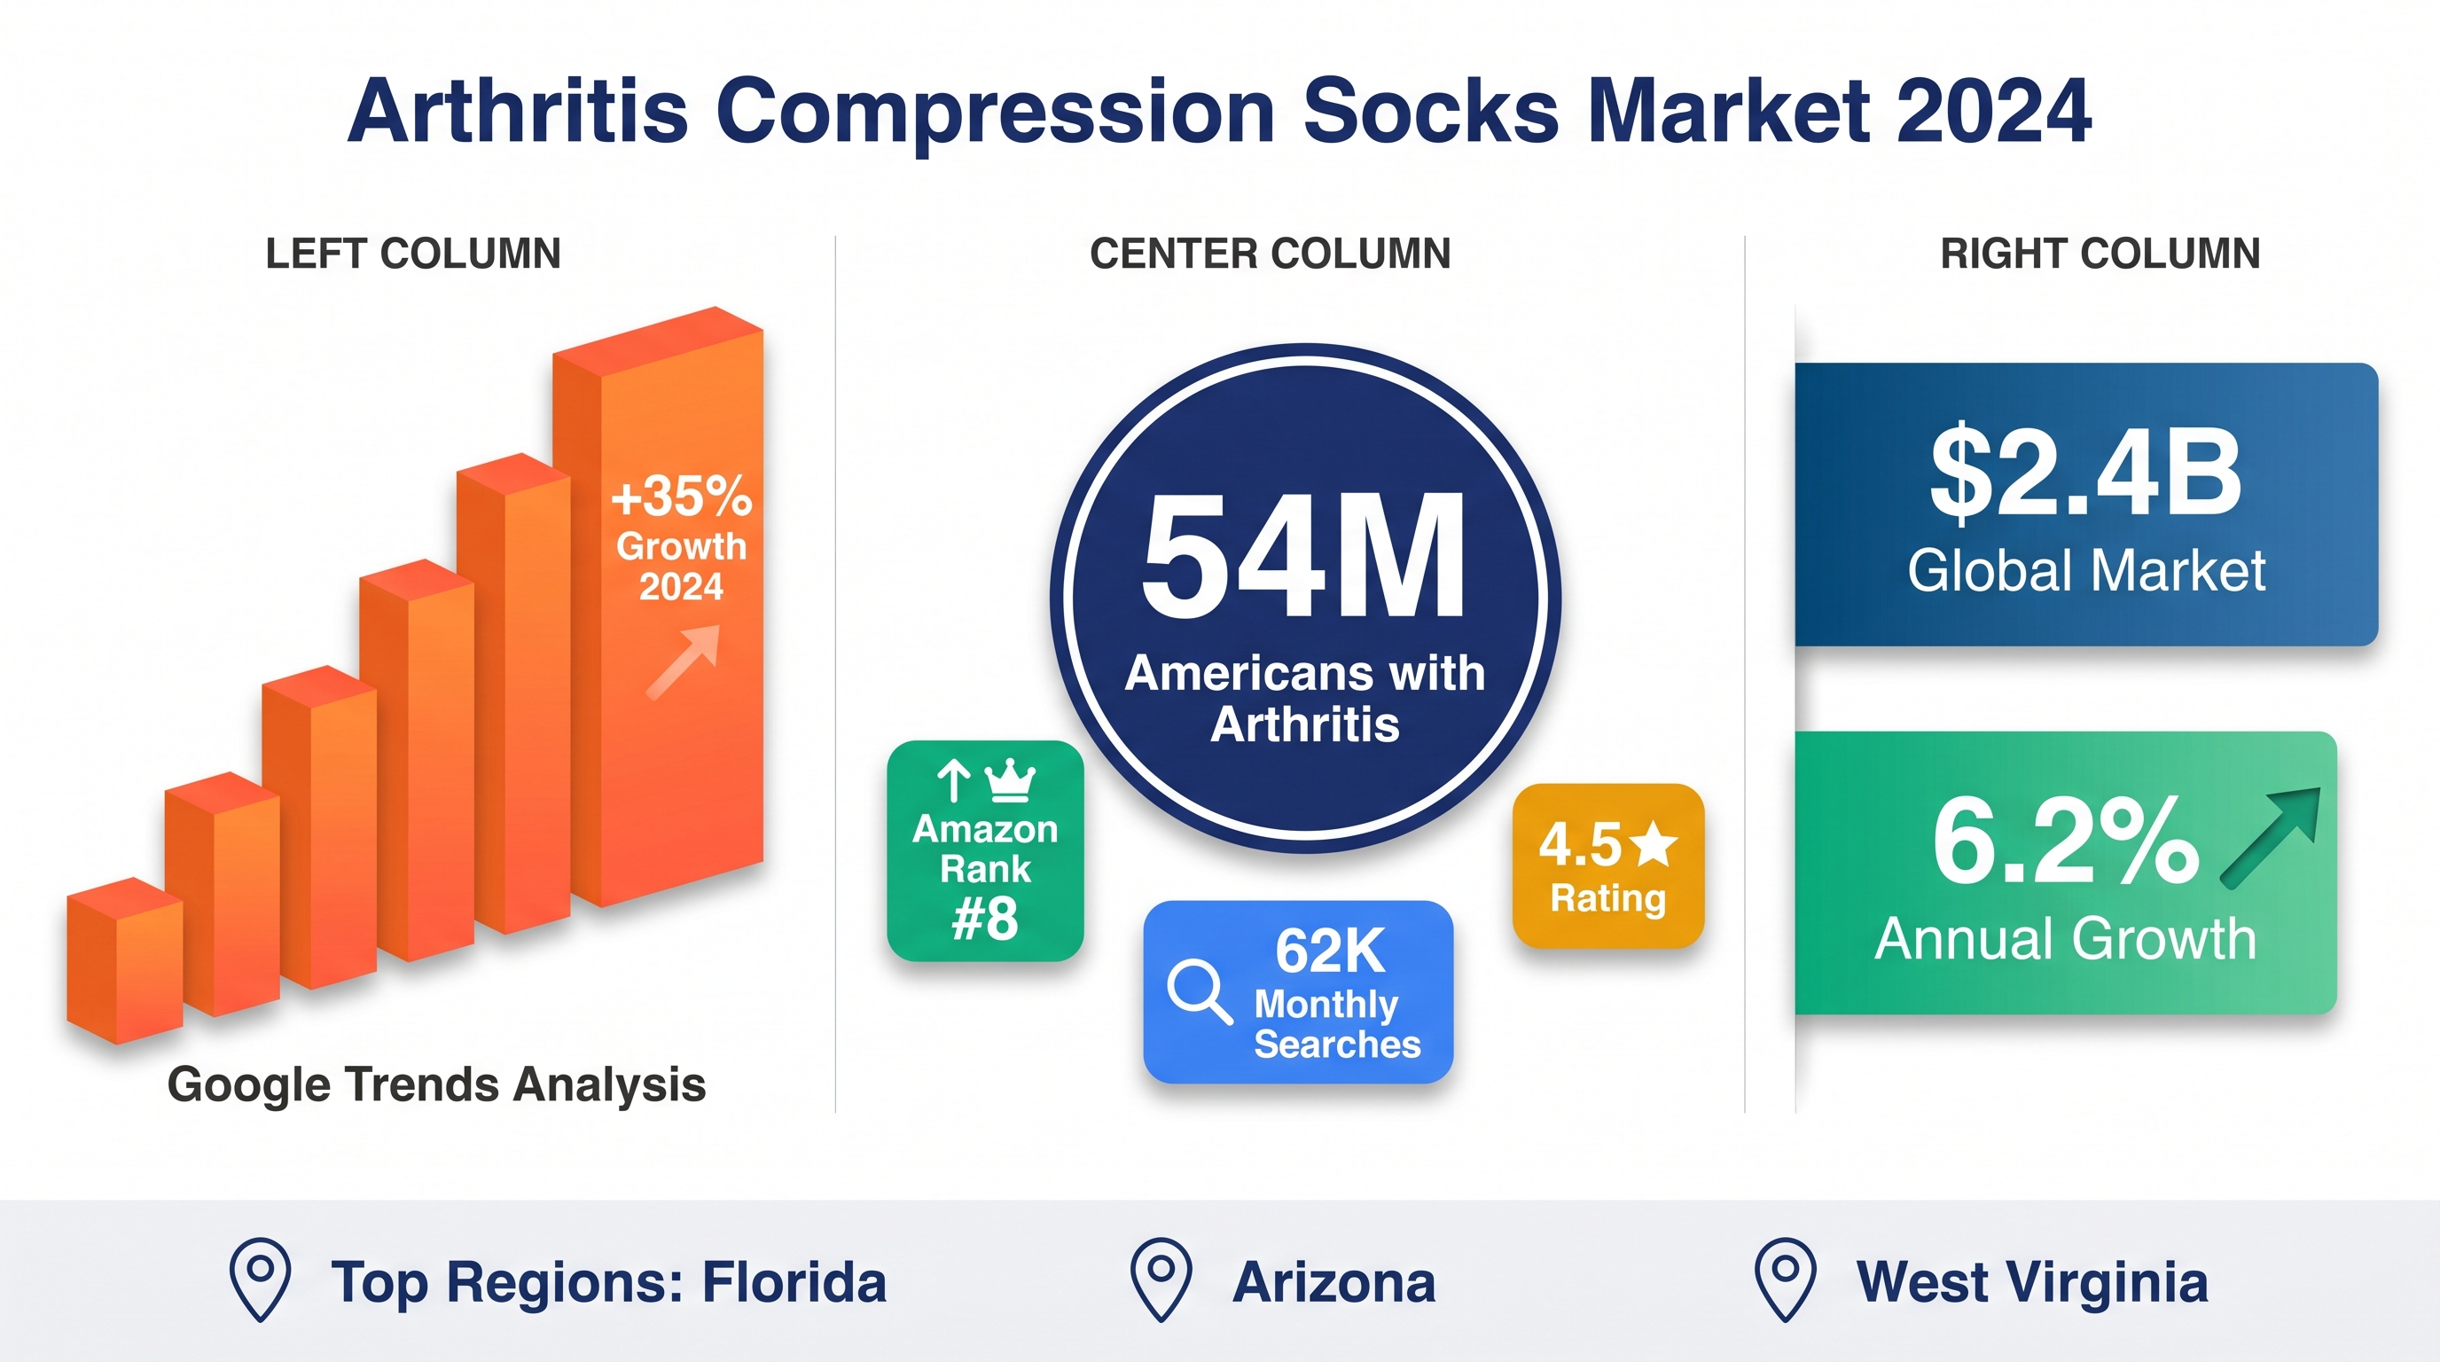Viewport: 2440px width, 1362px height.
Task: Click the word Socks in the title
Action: [1430, 112]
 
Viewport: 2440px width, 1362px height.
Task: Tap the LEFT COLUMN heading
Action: [413, 254]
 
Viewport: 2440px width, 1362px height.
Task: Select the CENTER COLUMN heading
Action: [1271, 254]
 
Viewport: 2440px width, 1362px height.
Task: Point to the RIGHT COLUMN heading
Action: [2100, 254]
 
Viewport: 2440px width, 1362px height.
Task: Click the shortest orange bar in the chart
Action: [123, 960]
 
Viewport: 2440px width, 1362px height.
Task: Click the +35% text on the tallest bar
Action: [682, 497]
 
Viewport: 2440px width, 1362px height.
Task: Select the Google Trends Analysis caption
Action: [436, 1085]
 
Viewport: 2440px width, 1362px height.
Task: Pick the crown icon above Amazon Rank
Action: [1010, 780]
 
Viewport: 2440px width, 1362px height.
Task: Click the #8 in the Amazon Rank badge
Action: [985, 919]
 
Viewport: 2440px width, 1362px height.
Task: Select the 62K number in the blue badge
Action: [1330, 951]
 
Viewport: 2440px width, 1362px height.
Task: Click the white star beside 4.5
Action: [1654, 843]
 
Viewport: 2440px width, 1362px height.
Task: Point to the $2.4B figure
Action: [2085, 474]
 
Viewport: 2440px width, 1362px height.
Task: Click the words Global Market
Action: [2085, 570]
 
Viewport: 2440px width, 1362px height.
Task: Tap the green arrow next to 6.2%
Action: [2272, 837]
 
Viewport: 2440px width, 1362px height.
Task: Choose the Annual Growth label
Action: [2065, 939]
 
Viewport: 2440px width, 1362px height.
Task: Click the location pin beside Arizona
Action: [1161, 1279]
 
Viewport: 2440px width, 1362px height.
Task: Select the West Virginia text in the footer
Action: [2032, 1282]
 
